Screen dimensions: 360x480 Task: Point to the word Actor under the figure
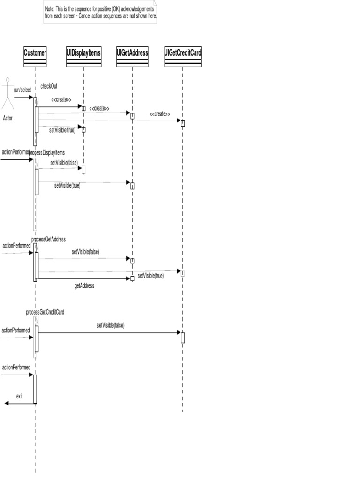point(8,118)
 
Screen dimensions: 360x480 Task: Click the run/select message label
point(22,89)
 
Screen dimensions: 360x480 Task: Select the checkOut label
point(49,86)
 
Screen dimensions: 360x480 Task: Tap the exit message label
point(19,396)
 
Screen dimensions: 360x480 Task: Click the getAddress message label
point(84,285)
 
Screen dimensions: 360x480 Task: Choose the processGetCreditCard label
point(45,312)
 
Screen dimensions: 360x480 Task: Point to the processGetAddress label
point(49,240)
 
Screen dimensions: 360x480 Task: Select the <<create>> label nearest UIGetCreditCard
point(160,114)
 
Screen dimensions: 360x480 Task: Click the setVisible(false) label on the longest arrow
point(111,325)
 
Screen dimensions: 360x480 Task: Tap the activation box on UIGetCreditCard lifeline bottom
point(183,337)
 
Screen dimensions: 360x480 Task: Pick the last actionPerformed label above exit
point(16,367)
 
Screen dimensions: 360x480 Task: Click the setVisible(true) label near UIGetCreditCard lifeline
point(150,276)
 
